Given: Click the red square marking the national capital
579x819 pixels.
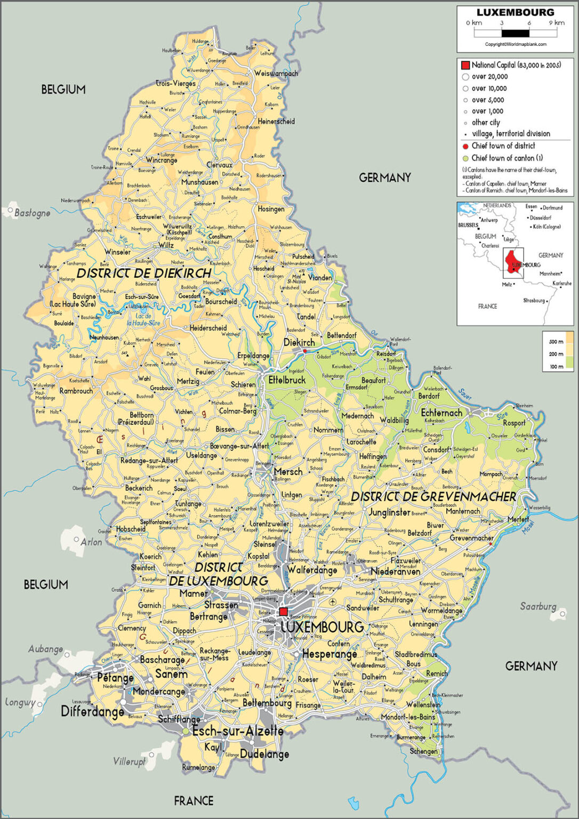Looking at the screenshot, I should [284, 612].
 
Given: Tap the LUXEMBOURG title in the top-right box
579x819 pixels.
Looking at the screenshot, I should [515, 12].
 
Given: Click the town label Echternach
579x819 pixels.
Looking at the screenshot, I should [441, 413].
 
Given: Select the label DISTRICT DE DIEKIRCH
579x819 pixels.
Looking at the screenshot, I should [144, 273].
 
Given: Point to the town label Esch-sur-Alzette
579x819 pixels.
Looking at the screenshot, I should [237, 730].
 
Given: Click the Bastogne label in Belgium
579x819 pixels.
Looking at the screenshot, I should [33, 213].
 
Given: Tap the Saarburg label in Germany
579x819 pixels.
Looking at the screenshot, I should [538, 607].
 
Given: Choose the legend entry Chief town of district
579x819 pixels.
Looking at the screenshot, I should [503, 146].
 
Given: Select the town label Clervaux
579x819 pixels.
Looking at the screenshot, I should [219, 165].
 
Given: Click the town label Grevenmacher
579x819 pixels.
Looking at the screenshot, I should [471, 538].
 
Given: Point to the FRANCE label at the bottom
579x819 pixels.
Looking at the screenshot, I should [194, 800].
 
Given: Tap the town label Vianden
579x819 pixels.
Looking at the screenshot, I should [320, 277].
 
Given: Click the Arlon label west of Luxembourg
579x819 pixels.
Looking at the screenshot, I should [91, 542].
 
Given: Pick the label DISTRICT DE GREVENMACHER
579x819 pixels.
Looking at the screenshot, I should [433, 496].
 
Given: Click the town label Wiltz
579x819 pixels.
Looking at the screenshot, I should [166, 245].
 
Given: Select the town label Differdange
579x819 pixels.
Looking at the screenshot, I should [92, 711].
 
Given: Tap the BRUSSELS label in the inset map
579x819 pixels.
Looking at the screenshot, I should [468, 225].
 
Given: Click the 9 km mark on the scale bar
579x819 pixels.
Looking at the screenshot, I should [557, 23].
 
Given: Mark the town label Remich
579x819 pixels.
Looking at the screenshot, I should [437, 673].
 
